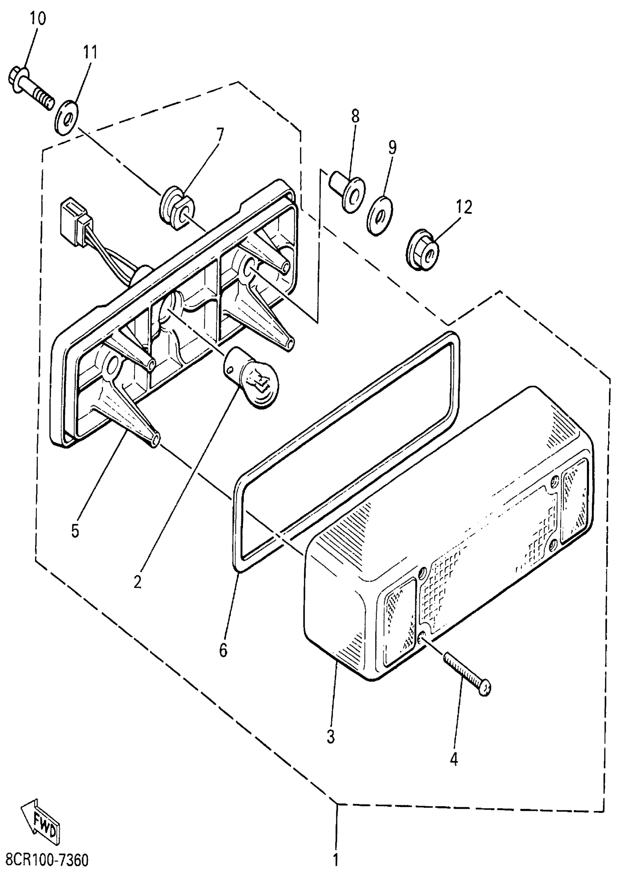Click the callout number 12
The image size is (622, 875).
click(464, 207)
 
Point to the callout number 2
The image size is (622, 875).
click(138, 582)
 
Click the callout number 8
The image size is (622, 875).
click(355, 116)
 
